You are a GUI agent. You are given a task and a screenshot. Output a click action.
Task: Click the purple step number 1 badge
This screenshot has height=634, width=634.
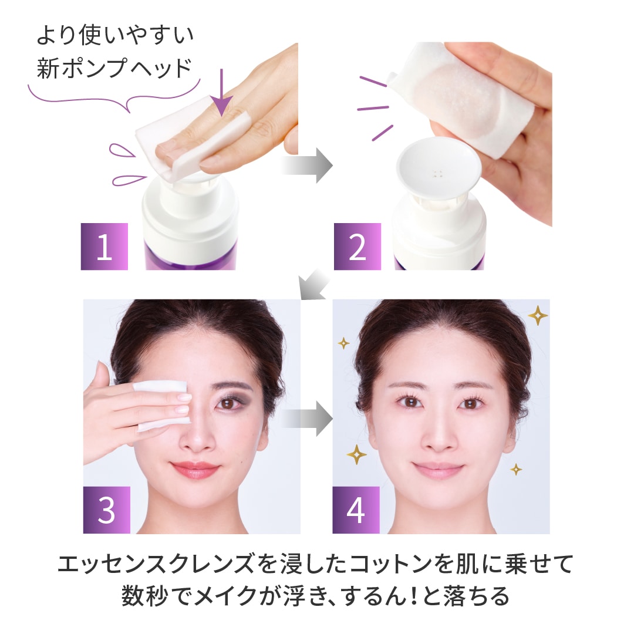coord(104,246)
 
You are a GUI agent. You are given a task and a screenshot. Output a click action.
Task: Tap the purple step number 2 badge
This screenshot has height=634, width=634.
coord(358,246)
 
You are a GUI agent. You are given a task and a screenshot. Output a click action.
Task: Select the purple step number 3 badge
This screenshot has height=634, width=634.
coord(107,510)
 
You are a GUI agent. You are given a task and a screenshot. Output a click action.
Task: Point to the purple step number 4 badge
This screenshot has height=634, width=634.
coord(356,510)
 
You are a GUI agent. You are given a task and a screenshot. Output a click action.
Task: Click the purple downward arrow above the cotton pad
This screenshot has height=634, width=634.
coord(221,93)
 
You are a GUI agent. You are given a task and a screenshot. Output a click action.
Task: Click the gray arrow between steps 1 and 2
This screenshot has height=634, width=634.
coord(307,166)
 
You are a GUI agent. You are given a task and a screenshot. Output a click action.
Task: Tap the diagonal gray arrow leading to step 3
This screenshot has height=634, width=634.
coord(314,285)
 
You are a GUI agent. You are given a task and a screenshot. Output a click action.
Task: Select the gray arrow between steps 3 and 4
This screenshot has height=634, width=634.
coord(307,419)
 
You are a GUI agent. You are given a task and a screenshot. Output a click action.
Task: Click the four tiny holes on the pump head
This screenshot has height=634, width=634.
coord(437,174)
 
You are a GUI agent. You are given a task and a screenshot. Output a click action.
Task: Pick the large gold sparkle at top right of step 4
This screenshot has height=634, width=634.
coord(538,315)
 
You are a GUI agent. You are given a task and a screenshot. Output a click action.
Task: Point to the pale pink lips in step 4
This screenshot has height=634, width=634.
coord(439,470)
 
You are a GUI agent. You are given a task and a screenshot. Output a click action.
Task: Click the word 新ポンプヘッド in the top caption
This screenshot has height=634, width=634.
coord(114,68)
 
